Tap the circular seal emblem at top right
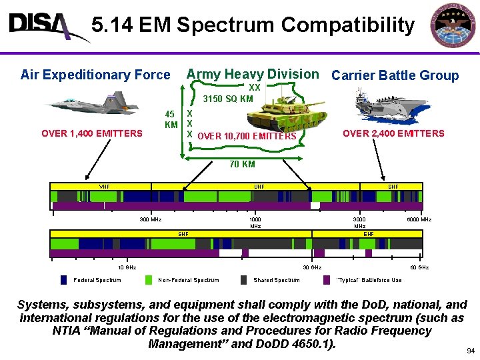click(453, 26)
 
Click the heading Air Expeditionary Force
click(95, 75)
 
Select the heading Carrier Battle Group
click(395, 75)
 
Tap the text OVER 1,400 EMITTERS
click(92, 133)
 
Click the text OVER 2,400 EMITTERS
click(393, 133)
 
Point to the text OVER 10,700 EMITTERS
click(247, 137)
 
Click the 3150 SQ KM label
click(228, 99)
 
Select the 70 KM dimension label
click(242, 164)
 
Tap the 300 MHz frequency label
click(150, 219)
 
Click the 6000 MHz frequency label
click(419, 219)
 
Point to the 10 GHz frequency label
click(127, 267)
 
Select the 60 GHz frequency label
click(419, 267)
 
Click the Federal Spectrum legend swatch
click(63, 280)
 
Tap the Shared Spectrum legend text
click(277, 280)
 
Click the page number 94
click(471, 350)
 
